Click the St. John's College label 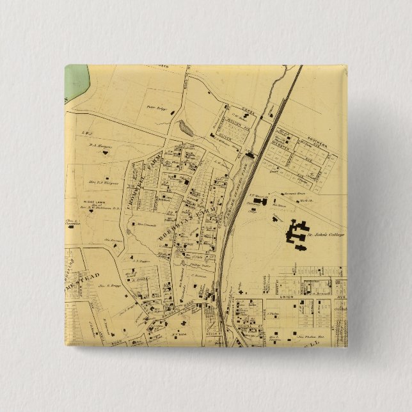point(328,235)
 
